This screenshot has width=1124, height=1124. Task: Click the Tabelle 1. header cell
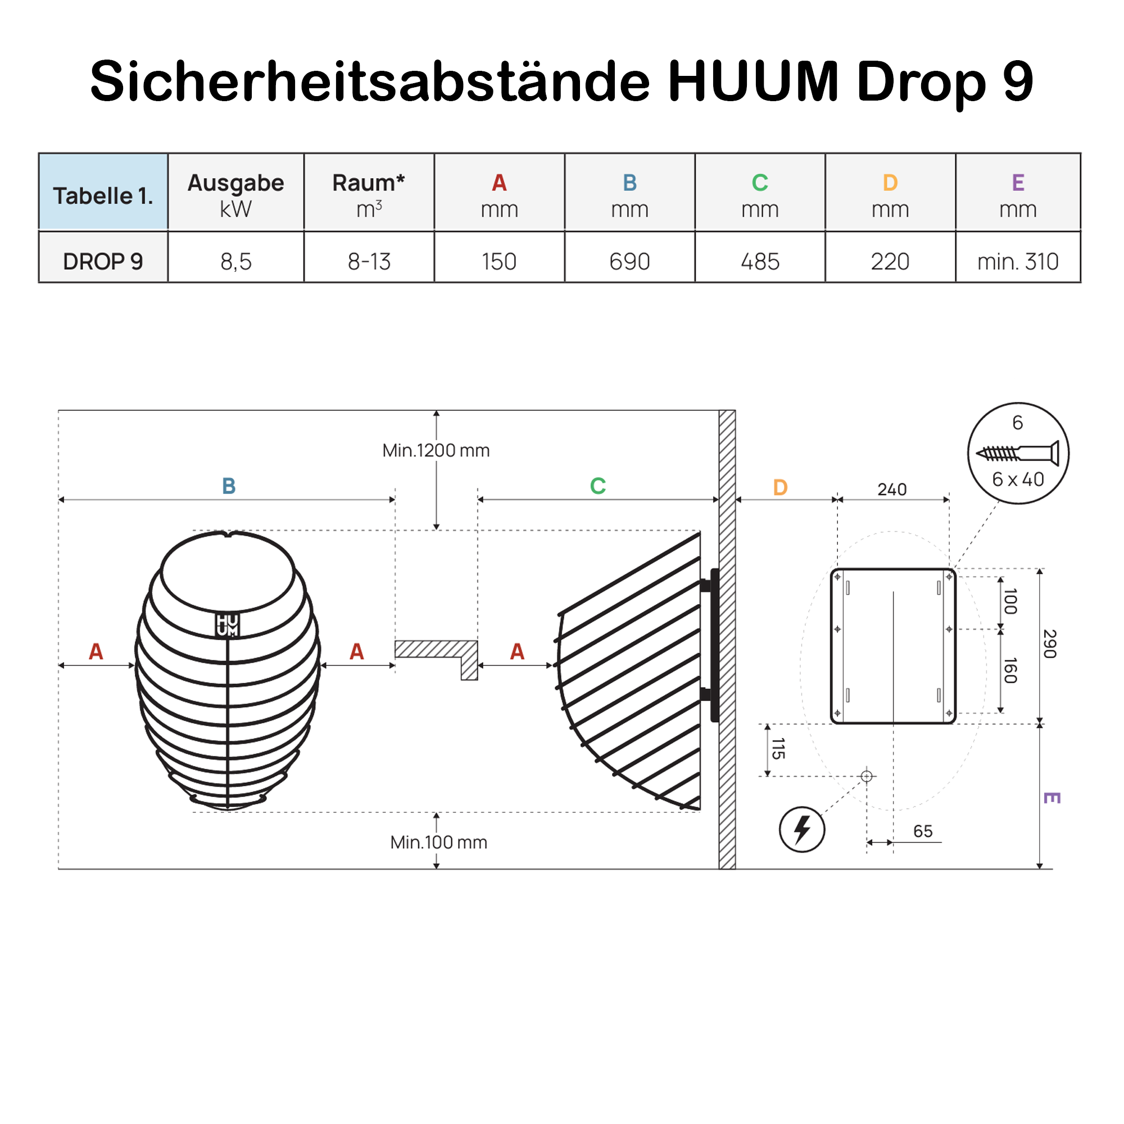tap(103, 196)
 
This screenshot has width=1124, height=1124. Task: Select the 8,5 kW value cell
tap(235, 262)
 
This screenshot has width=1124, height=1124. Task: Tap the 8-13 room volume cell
tap(369, 262)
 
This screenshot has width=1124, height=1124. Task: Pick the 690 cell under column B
tap(629, 262)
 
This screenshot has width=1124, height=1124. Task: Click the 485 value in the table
tap(760, 262)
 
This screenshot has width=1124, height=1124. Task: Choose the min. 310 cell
tap(1018, 262)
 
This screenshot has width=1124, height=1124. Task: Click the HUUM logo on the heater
tap(228, 625)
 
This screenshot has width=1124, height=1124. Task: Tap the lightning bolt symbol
tap(802, 829)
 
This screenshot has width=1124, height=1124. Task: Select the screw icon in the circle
tap(1018, 452)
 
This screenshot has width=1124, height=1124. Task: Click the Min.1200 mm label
tap(436, 450)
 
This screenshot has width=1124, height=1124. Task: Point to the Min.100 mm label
tap(439, 842)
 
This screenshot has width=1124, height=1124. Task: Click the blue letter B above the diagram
tap(229, 486)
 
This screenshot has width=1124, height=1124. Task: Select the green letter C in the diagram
tap(597, 486)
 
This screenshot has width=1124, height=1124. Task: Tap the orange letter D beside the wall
tap(780, 487)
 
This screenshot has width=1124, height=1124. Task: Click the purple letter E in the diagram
tap(1052, 797)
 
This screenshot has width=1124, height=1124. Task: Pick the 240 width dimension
tap(892, 490)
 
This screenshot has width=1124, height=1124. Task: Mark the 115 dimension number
tap(778, 748)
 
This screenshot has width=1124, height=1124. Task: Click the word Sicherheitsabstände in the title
tap(369, 81)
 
